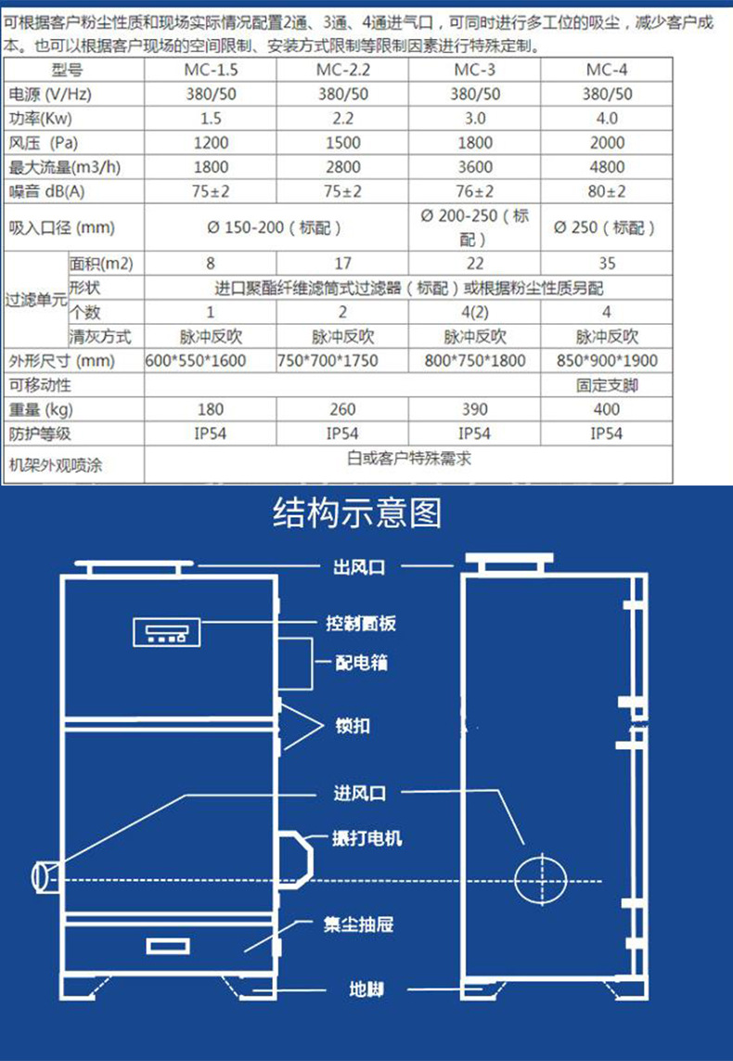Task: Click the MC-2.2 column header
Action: [x=342, y=70]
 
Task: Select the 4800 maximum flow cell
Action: [x=607, y=167]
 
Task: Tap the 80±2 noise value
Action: [x=607, y=191]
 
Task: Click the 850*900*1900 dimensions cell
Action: [x=607, y=361]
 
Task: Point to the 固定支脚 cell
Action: [x=607, y=386]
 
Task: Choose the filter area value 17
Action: [x=342, y=264]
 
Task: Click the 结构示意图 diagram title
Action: [x=357, y=513]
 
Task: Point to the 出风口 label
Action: [x=359, y=566]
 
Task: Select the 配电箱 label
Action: [x=362, y=663]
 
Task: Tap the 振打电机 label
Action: [x=367, y=838]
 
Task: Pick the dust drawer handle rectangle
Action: [x=168, y=945]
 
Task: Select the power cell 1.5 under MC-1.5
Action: [x=211, y=119]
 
